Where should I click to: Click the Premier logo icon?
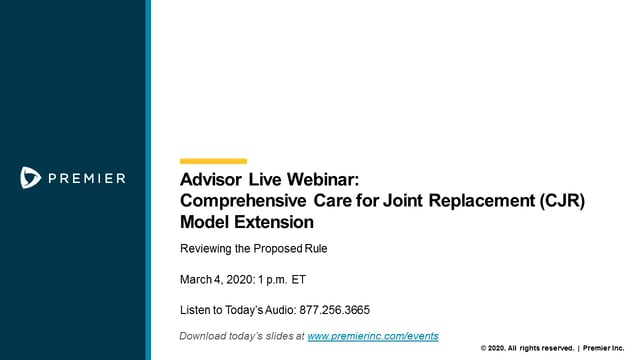(x=30, y=178)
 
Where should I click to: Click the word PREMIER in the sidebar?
(x=87, y=178)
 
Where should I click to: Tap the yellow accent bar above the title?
(x=212, y=160)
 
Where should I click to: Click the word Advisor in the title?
(x=212, y=181)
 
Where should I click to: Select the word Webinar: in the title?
(x=322, y=181)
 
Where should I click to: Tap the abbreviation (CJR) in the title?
(x=559, y=200)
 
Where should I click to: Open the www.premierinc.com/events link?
(x=372, y=336)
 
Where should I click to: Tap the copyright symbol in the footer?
(x=485, y=348)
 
